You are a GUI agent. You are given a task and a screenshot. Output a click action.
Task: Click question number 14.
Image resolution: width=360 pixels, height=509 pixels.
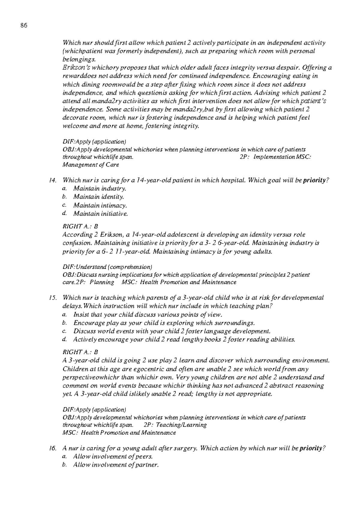point(52,180)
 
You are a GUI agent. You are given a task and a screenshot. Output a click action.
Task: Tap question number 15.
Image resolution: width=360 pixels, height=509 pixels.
point(52,298)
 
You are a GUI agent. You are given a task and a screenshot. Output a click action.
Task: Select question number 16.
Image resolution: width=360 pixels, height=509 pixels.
point(52,448)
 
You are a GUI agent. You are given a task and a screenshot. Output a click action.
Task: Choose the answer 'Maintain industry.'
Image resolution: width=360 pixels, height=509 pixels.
point(100,189)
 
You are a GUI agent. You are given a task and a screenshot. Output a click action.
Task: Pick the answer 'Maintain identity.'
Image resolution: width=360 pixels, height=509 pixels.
point(98,197)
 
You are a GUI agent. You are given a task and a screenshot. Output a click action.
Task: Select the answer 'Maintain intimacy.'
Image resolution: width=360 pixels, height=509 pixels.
point(100,206)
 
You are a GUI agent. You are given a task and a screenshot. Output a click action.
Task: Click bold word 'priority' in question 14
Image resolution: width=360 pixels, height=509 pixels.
point(314,180)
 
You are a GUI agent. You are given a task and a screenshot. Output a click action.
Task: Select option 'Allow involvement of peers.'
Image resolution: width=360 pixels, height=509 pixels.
point(113,457)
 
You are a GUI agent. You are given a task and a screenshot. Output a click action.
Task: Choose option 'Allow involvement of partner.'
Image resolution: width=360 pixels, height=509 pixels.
point(115,465)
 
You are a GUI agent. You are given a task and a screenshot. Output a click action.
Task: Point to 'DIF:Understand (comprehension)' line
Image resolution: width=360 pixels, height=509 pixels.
point(107,267)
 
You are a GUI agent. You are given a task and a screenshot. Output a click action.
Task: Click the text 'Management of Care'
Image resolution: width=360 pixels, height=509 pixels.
point(91,165)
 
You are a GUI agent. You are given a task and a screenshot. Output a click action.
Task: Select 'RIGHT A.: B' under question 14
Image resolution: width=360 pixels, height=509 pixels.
point(80,226)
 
